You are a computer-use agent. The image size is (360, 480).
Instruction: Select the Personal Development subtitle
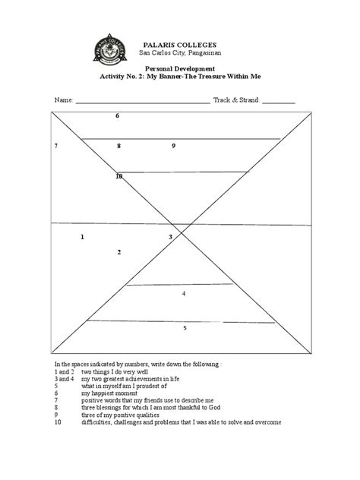(179, 68)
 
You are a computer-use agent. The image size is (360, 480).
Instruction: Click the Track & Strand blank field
(279, 100)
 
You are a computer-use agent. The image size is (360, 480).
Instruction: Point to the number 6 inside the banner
(118, 115)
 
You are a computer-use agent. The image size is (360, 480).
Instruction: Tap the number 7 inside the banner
(56, 145)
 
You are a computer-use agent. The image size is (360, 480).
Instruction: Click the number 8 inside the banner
(118, 145)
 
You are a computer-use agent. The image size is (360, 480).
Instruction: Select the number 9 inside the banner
(174, 145)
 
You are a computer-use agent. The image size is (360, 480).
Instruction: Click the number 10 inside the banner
(118, 176)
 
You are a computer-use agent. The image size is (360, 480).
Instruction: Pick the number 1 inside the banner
(82, 237)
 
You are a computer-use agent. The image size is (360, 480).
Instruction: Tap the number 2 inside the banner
(118, 252)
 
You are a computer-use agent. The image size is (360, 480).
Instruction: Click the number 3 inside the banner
(171, 237)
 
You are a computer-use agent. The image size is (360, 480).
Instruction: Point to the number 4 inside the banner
(184, 293)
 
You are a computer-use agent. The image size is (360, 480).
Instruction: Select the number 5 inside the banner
(185, 328)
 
